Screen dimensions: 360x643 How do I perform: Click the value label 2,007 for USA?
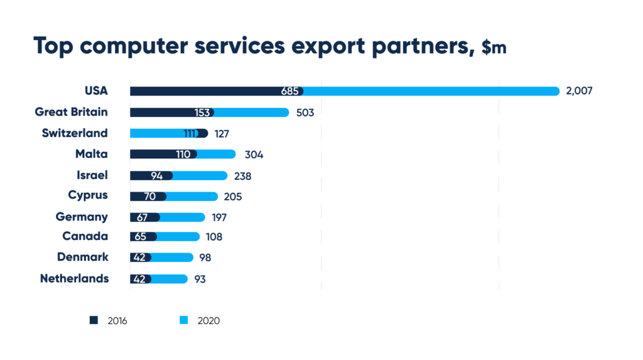579,91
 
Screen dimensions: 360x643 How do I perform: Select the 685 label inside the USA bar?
289,92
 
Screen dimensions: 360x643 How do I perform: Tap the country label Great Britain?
71,112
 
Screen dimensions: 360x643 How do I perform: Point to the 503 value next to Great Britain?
305,113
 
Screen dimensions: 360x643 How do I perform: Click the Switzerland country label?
75,133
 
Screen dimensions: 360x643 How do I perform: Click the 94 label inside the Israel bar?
158,176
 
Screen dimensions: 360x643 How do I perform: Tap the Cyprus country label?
88,195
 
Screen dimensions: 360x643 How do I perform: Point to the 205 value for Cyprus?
232,197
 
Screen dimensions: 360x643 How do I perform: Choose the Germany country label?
82,217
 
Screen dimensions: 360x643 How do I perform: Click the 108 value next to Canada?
214,237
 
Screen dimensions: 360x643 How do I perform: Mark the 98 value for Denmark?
205,258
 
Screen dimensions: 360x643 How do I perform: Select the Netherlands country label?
74,278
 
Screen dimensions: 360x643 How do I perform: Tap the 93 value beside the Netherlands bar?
199,280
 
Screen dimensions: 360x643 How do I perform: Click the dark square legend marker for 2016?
94,320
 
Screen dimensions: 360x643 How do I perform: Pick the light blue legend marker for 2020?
183,320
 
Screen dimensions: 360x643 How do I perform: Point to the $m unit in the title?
494,48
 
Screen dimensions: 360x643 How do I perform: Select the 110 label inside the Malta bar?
183,155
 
